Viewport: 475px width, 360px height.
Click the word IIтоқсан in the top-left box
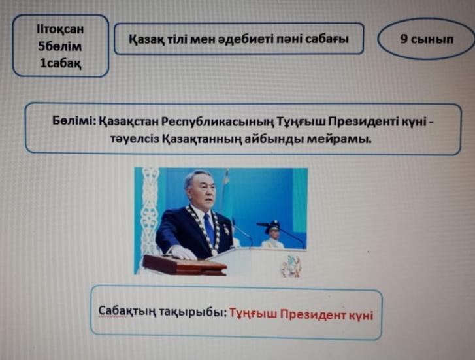tap(60, 29)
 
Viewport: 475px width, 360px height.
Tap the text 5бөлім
tap(60, 46)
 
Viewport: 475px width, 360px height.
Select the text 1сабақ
tap(61, 63)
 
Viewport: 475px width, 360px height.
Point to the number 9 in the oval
tap(403, 39)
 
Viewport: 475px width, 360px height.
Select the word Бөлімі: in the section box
tap(74, 121)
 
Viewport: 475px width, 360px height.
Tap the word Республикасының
tap(218, 122)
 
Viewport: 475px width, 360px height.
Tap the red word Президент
tap(313, 314)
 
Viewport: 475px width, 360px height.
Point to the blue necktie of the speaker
tap(210, 228)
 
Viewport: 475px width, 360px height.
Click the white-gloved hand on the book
tap(184, 252)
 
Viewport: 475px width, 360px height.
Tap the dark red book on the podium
tap(184, 265)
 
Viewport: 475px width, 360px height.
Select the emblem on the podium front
tap(291, 266)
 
